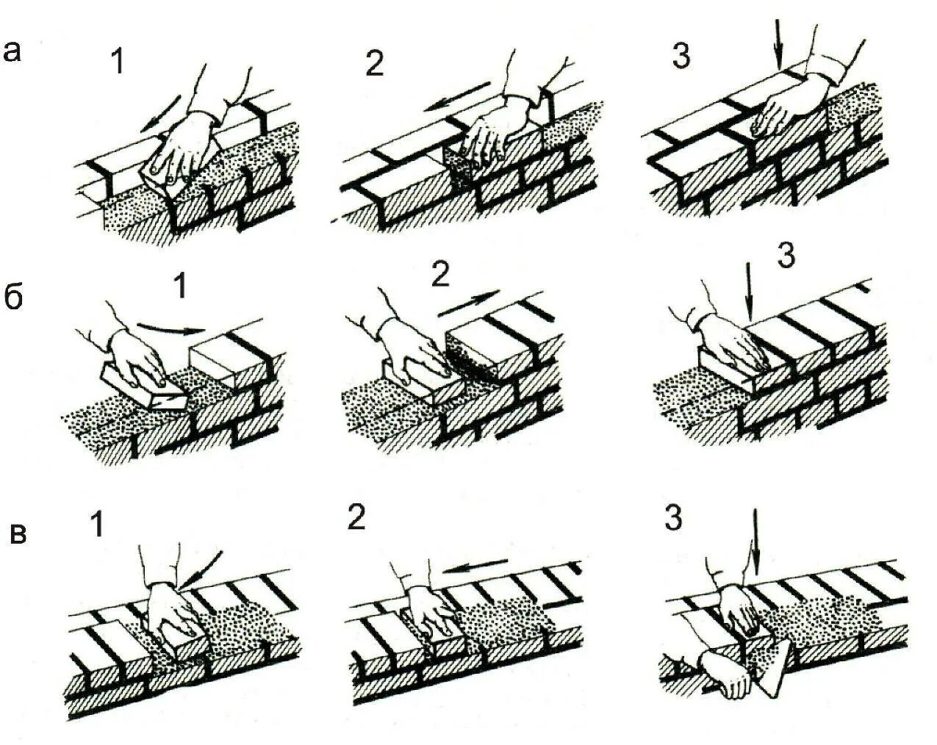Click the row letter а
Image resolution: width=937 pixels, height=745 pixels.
point(12,51)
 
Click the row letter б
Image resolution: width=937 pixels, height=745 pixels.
point(15,298)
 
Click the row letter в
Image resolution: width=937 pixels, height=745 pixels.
point(18,535)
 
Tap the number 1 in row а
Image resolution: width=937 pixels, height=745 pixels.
point(117,62)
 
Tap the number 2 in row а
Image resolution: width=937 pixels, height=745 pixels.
point(375,65)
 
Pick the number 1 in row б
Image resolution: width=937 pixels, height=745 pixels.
point(180,287)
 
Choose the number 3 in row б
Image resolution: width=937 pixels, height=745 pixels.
point(786,256)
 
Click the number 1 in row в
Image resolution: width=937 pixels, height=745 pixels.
point(98,525)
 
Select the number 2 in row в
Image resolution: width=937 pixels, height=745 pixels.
point(356,519)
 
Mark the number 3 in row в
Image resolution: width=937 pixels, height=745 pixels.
point(674,519)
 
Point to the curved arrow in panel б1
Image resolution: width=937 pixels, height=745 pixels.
point(170,328)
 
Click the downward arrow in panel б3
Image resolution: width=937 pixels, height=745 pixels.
point(748,293)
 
